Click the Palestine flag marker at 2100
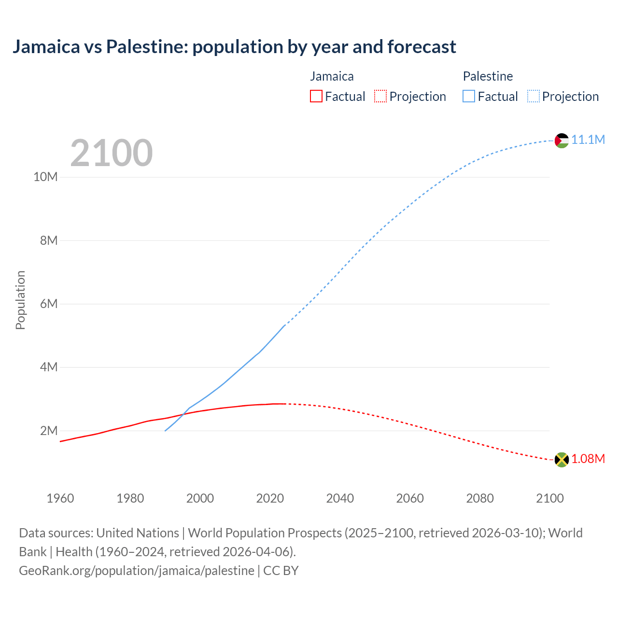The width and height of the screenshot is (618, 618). (562, 140)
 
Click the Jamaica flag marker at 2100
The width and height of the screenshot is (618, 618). (562, 460)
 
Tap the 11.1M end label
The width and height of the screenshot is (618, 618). (588, 140)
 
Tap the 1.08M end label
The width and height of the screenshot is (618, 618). (588, 459)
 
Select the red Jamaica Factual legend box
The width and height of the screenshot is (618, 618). (316, 97)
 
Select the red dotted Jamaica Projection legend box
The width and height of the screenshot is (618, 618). (380, 97)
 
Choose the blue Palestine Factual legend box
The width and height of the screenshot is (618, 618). (468, 97)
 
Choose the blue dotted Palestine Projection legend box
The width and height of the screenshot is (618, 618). (533, 97)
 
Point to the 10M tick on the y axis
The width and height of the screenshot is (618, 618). (45, 177)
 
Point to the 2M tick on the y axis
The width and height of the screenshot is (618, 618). (49, 431)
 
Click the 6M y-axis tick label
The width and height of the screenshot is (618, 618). (49, 304)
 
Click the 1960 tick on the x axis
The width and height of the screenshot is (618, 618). (60, 498)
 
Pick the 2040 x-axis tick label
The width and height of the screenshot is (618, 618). (340, 498)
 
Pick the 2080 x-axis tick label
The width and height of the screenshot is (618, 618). (480, 498)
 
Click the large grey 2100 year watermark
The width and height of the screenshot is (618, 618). (112, 153)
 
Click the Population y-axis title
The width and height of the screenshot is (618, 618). (20, 300)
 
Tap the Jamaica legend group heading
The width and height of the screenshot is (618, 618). (332, 76)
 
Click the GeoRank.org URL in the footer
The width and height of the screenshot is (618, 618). (137, 571)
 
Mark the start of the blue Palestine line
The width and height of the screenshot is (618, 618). (165, 431)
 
